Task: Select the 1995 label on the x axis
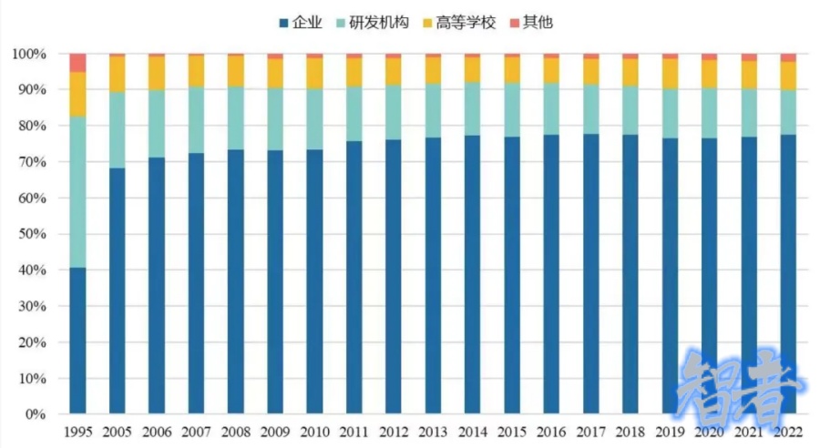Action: pos(77,430)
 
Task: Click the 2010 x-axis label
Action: pos(314,430)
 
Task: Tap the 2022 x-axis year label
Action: pos(788,430)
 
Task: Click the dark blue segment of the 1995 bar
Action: pos(77,341)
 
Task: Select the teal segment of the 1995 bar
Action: pos(77,192)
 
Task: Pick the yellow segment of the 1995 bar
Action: pos(77,94)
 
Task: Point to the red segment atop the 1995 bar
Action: pos(77,63)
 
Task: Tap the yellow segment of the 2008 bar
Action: pos(235,71)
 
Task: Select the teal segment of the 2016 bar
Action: pos(551,108)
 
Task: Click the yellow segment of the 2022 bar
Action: pos(788,76)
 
